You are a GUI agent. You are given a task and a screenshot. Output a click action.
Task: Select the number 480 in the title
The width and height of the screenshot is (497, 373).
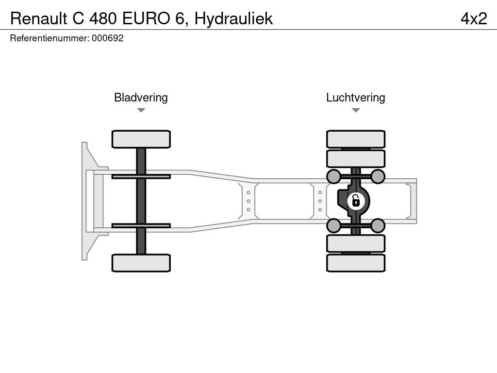(105, 18)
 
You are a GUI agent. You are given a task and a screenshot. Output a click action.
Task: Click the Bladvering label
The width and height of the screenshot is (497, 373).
(141, 97)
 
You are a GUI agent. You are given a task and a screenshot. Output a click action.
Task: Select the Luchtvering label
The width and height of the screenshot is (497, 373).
(355, 97)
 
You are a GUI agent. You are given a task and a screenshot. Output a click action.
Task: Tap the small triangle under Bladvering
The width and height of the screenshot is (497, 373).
(141, 110)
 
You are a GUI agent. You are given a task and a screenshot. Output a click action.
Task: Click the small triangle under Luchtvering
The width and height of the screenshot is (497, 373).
(355, 110)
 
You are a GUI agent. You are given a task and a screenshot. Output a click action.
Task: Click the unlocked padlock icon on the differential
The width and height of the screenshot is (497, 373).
(356, 200)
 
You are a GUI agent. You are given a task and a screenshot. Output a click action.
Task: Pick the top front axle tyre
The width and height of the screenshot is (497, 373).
(141, 139)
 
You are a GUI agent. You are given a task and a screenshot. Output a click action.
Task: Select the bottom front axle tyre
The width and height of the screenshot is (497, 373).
(141, 263)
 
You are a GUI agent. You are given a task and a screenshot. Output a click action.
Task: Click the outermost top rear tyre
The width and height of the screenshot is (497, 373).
(356, 139)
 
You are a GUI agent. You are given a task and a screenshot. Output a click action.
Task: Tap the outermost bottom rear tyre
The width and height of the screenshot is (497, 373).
(356, 263)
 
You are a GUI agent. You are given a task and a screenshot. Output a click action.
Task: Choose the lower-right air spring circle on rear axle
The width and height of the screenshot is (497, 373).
(378, 225)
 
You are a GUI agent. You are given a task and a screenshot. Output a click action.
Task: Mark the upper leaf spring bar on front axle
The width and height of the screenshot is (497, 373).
(141, 176)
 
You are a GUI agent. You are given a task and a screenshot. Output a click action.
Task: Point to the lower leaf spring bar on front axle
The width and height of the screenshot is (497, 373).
(141, 225)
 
